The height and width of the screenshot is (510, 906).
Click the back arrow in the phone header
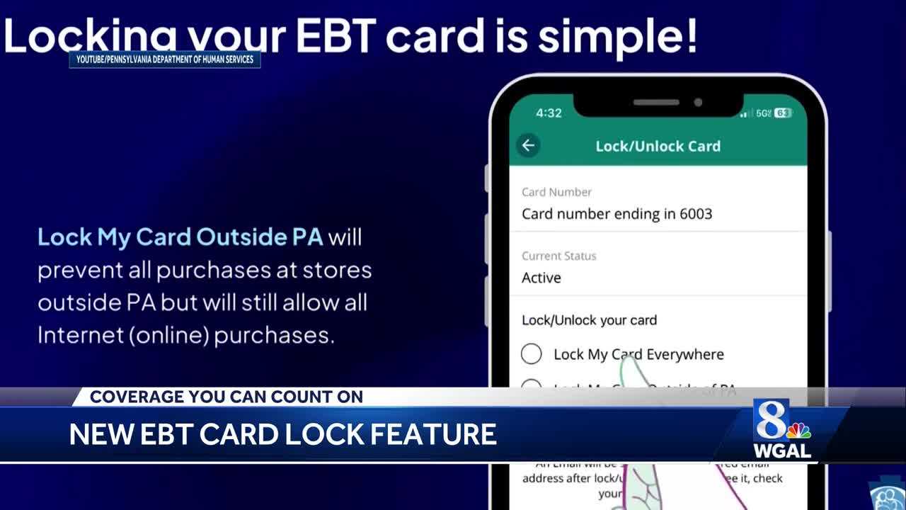(x=528, y=146)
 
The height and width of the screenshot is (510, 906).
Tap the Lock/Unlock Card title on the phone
(x=658, y=146)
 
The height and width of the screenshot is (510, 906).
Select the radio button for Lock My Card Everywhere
(x=531, y=353)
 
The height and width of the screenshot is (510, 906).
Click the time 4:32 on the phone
(x=549, y=113)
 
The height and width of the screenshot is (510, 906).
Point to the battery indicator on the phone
(x=783, y=113)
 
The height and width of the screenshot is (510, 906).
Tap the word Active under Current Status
(x=541, y=278)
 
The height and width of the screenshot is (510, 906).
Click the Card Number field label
(x=556, y=192)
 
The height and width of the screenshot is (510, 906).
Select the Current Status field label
(x=558, y=256)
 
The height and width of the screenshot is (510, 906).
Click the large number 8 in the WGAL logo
(x=771, y=419)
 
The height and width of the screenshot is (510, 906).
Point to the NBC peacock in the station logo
(x=799, y=430)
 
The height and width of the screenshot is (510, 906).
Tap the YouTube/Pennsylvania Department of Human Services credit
(x=165, y=59)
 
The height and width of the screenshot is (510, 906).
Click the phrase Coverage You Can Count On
(x=226, y=397)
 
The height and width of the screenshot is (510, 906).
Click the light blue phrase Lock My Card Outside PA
(x=180, y=237)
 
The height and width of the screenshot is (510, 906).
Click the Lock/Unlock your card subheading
(x=589, y=320)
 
